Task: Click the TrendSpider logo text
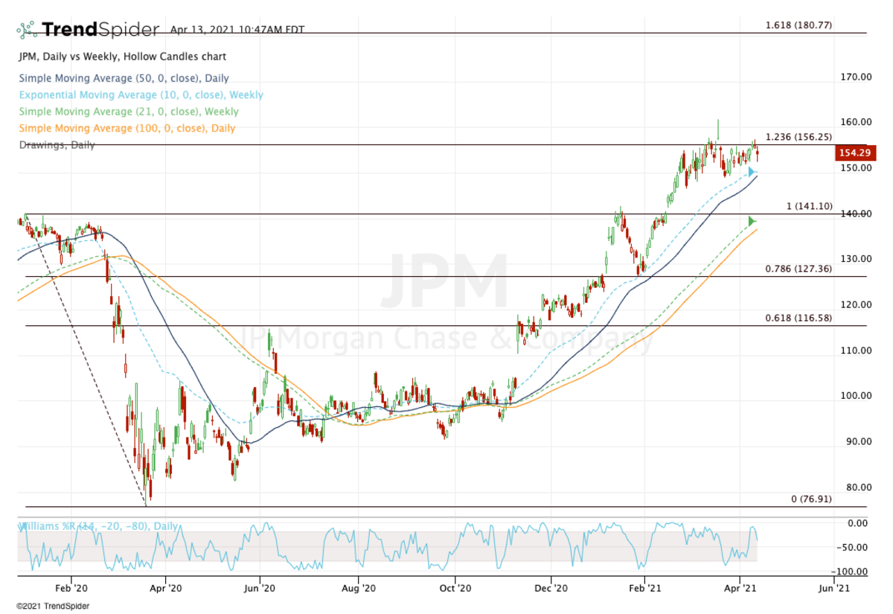coord(100,30)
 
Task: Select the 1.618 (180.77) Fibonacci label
coord(798,25)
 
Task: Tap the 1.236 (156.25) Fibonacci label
coord(798,137)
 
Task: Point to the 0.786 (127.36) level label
coord(798,269)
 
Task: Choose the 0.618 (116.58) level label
coord(798,318)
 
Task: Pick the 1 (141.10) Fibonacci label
coord(806,205)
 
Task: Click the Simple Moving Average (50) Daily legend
coord(124,78)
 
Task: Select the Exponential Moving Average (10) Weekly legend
coord(141,95)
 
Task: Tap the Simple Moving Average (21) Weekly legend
coord(129,112)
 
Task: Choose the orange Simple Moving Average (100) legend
coord(127,128)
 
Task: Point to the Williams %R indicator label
coord(98,526)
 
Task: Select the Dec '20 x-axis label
coord(551,587)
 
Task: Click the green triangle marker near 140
coord(752,221)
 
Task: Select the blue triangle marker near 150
coord(752,172)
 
